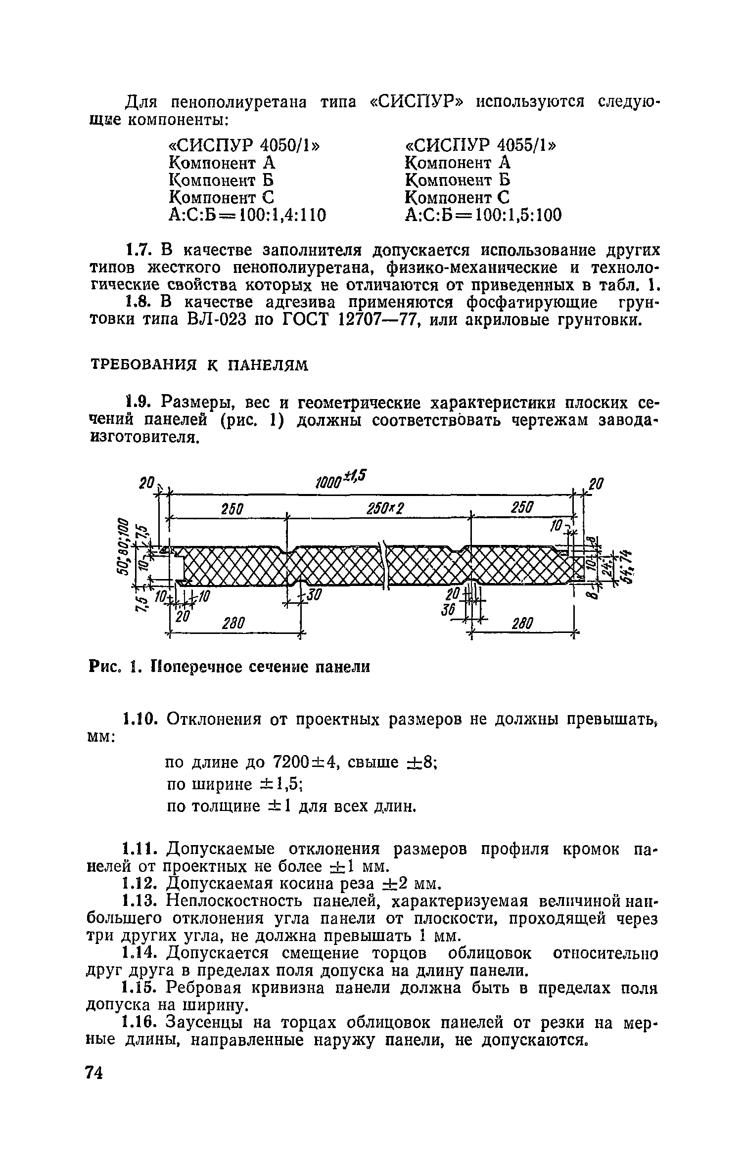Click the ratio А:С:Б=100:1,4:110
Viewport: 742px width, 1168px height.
tap(247, 215)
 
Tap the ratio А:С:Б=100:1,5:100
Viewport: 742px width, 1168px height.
tap(483, 215)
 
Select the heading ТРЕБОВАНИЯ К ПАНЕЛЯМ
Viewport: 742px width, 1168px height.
tap(199, 365)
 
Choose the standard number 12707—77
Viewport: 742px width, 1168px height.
tap(376, 320)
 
